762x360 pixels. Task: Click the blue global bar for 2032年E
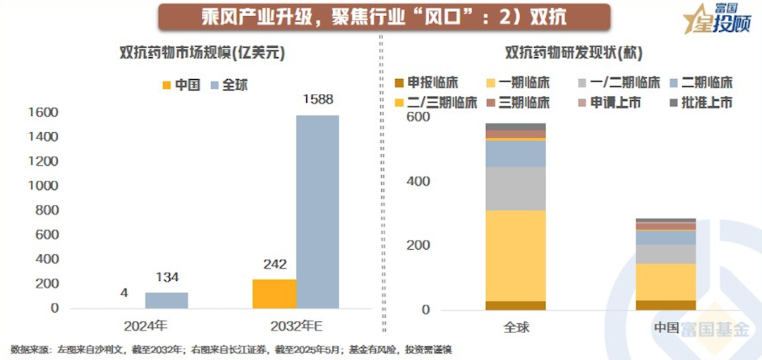point(317,212)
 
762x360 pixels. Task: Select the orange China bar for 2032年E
point(274,294)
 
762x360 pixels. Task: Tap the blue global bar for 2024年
point(167,300)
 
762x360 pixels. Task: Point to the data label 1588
point(317,100)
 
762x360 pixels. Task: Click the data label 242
point(274,265)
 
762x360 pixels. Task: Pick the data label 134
point(167,277)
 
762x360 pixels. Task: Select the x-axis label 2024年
point(145,327)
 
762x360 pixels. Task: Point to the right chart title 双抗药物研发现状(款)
point(568,53)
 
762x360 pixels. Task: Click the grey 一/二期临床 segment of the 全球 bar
point(516,188)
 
